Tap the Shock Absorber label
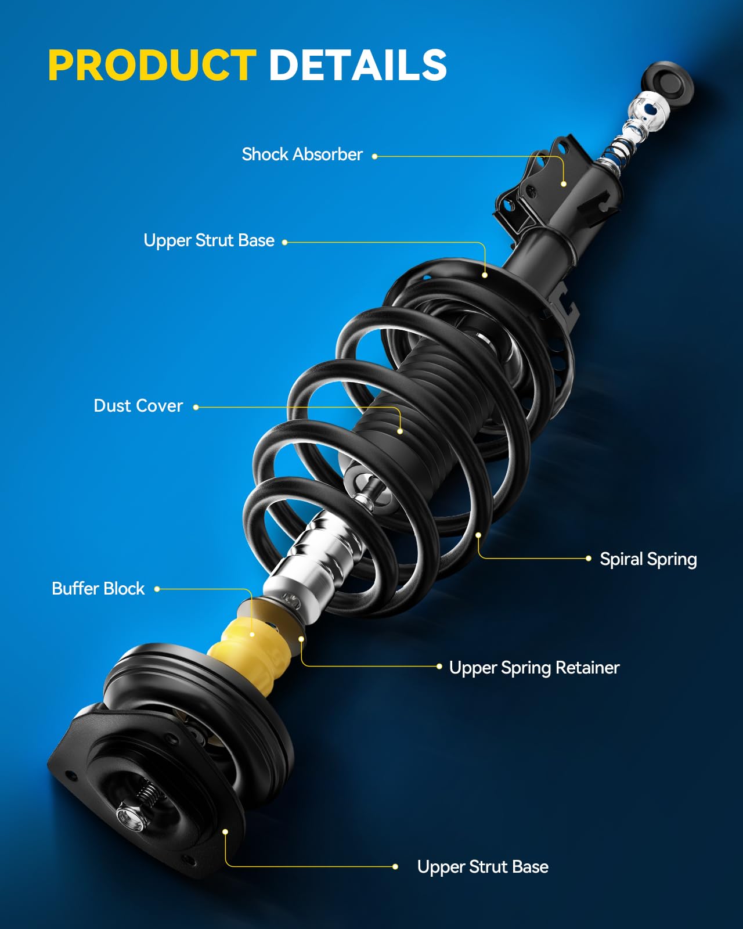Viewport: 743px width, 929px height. [302, 154]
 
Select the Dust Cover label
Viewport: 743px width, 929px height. [138, 406]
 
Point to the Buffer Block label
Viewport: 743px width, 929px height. [98, 589]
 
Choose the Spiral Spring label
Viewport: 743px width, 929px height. [648, 559]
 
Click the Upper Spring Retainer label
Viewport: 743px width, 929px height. [534, 668]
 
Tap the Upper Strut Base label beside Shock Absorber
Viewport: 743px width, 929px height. [209, 240]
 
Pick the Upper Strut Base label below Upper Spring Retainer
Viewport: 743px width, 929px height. [482, 867]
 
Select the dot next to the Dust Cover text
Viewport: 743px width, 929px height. [196, 407]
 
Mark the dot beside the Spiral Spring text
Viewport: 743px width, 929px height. [589, 559]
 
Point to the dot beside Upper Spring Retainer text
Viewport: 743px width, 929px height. [439, 667]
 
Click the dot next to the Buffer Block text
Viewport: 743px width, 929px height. [157, 589]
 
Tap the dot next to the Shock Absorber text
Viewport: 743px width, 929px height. [375, 156]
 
